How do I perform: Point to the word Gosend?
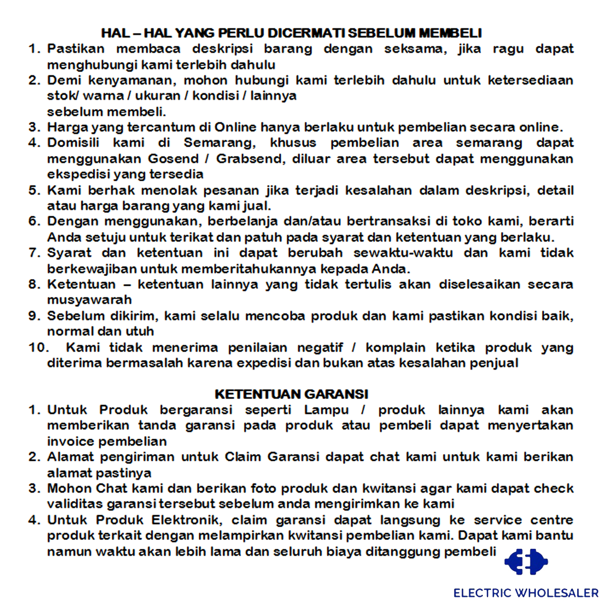(173, 159)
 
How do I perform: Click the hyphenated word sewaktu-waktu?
(403, 253)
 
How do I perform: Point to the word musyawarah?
(82, 300)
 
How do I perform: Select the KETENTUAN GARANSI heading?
(291, 394)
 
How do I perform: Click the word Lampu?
(326, 410)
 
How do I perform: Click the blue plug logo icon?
(526, 562)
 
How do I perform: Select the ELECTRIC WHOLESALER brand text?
(526, 593)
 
